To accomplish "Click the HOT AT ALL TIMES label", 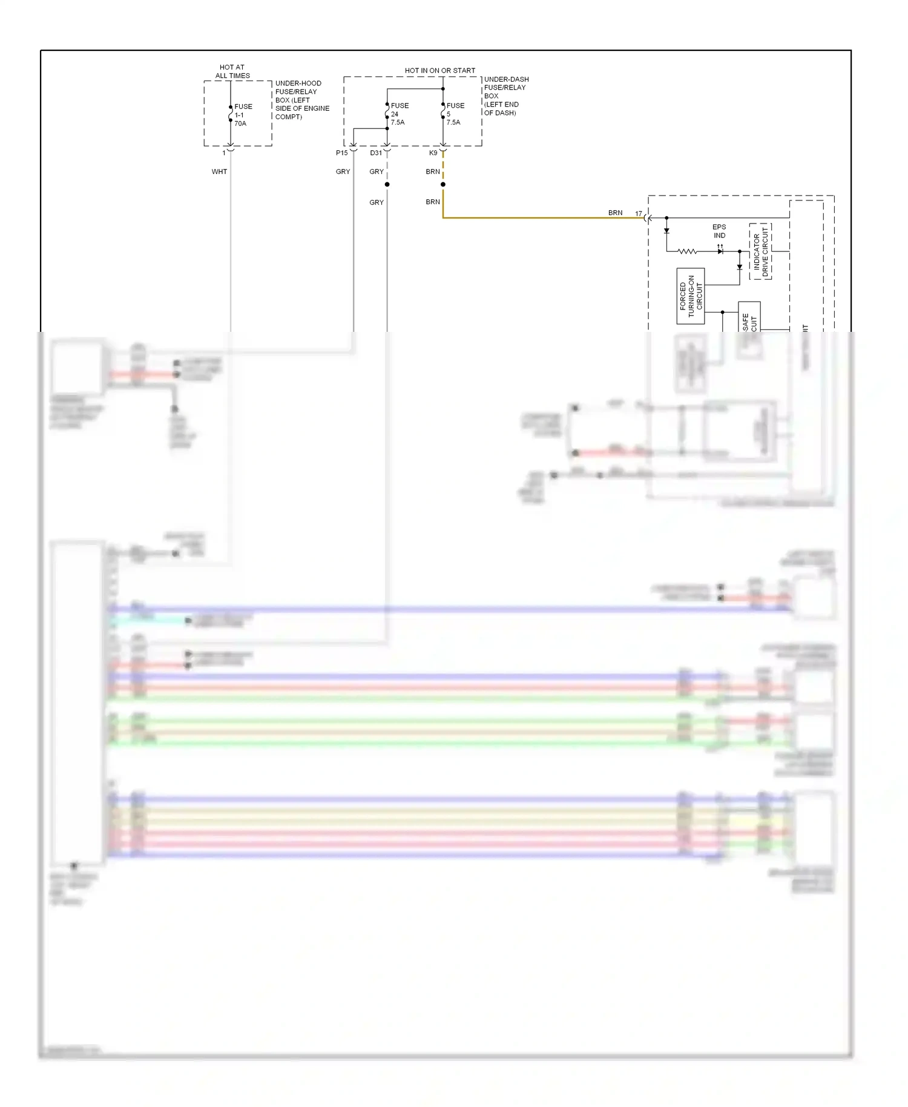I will click(232, 71).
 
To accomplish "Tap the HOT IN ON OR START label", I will click(440, 70).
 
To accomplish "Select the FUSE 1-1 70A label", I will click(243, 115).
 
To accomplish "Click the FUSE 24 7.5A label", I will click(399, 114).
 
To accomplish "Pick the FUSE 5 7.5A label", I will click(455, 114).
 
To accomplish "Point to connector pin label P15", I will click(342, 153).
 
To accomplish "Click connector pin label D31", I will click(376, 153).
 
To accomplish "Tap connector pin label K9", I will click(433, 153).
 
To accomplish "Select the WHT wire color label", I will click(219, 171).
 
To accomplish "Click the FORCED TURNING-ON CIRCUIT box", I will click(691, 296).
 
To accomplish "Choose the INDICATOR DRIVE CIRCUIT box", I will click(760, 251).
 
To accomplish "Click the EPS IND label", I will click(719, 231).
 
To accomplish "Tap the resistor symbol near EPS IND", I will click(687, 251).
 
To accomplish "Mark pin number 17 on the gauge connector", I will click(639, 213).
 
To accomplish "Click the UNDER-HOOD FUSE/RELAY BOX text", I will click(302, 100).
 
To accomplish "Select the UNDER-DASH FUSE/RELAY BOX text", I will click(505, 96).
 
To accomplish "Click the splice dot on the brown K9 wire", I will click(443, 184).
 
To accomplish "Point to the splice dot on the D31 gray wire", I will click(387, 184).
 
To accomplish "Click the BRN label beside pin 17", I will click(615, 213).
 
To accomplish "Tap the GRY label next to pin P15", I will click(343, 171).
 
